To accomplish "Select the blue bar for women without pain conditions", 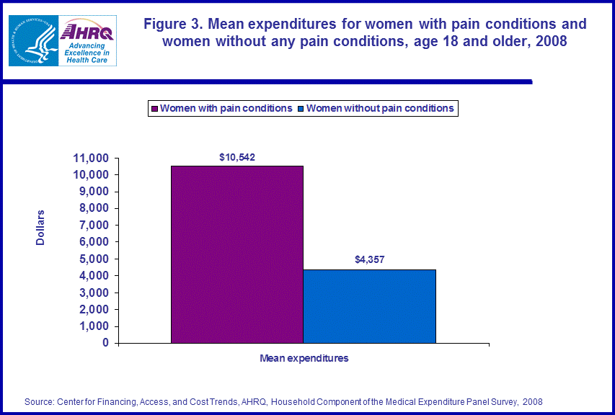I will [369, 305].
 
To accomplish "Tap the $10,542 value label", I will [237, 156].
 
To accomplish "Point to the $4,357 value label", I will [370, 260].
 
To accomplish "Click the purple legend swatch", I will [154, 109].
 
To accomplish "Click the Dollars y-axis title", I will [40, 228].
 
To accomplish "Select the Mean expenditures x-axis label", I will [304, 358].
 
